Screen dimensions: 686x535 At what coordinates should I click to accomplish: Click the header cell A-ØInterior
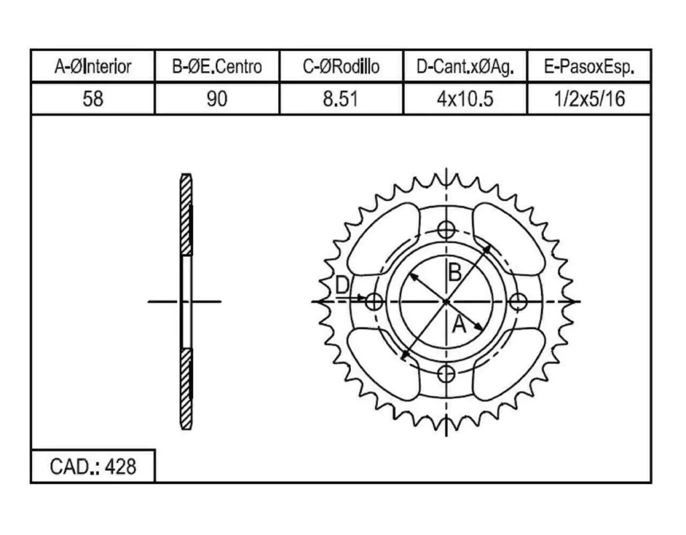click(x=92, y=66)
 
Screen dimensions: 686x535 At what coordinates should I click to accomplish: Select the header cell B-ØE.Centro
click(x=217, y=66)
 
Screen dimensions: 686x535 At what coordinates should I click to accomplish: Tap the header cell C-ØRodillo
click(x=341, y=66)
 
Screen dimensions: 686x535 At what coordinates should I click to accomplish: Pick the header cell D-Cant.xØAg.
click(x=465, y=67)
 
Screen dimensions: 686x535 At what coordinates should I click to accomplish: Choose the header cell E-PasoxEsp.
click(x=590, y=67)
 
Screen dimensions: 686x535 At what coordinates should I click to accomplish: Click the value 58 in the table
click(x=92, y=99)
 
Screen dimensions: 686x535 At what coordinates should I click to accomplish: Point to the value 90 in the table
click(x=217, y=99)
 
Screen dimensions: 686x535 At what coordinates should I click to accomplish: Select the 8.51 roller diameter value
click(x=341, y=99)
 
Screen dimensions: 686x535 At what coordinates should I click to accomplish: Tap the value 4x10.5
click(x=465, y=99)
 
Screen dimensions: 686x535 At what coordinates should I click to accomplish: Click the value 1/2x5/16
click(x=590, y=99)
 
